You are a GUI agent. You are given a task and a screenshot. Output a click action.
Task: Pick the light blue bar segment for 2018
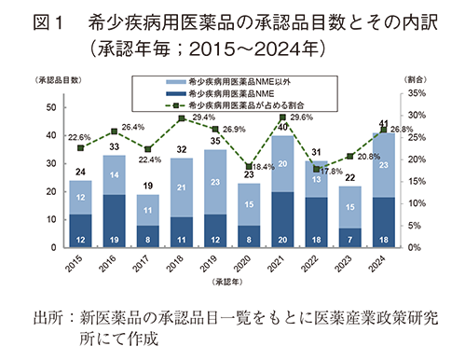pyautogui.click(x=182, y=187)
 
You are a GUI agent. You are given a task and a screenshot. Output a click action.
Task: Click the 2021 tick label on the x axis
pyautogui.click(x=283, y=265)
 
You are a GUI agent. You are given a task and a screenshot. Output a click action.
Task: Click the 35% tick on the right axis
pyautogui.click(x=416, y=93)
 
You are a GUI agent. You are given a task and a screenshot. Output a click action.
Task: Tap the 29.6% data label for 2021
pyautogui.click(x=300, y=118)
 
